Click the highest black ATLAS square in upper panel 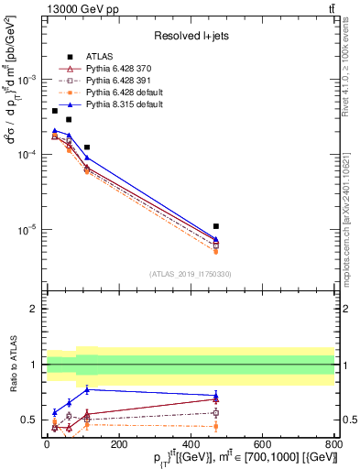[x=55, y=111]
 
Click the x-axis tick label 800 [x=334, y=444]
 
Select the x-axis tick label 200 [x=118, y=444]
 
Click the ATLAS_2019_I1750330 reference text [x=190, y=274]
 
